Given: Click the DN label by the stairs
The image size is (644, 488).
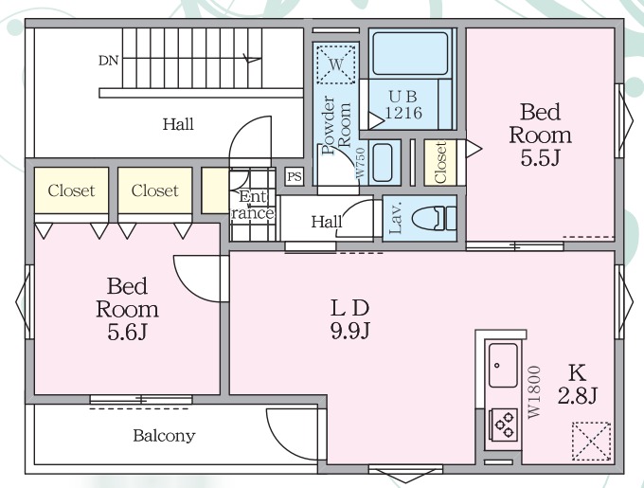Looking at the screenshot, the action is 108,61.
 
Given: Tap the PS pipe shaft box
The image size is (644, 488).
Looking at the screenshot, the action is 295,176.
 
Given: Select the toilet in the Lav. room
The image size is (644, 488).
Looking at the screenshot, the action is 434,218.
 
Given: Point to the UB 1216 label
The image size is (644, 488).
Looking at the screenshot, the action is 403,104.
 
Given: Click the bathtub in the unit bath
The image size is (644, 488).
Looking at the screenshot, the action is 410,53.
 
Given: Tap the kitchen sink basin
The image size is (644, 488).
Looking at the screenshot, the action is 503,365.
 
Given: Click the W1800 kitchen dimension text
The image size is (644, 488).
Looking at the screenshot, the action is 534,392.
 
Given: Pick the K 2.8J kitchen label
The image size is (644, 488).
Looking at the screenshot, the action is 577,384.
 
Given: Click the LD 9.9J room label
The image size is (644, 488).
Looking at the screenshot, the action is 350,319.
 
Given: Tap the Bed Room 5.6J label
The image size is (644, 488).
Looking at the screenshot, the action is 127,309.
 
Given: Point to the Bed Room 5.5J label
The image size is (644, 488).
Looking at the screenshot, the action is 540,135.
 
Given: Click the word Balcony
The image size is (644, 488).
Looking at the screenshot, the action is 164,436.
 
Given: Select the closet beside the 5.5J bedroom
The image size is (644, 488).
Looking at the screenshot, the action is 440,163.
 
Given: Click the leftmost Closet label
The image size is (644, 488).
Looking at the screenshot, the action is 71,190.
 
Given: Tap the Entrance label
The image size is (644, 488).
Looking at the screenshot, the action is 251,205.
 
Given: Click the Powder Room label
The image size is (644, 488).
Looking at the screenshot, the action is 336,125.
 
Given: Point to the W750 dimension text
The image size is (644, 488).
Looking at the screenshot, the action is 360,163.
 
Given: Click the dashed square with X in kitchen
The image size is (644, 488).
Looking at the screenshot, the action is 591,442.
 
